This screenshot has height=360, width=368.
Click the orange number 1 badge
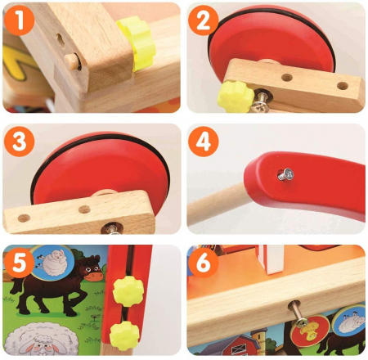(19, 20)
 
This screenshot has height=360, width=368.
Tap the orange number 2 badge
(203, 20)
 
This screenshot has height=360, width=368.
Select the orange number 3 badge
(19, 142)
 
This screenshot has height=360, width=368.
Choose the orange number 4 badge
(203, 142)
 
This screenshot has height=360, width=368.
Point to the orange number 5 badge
(19, 263)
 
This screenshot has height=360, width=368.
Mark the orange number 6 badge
(203, 263)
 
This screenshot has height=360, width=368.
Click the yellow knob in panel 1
(137, 43)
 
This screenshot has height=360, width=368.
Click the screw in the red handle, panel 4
(286, 174)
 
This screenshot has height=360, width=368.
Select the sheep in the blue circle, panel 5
(52, 263)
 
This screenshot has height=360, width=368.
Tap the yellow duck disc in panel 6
(310, 331)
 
